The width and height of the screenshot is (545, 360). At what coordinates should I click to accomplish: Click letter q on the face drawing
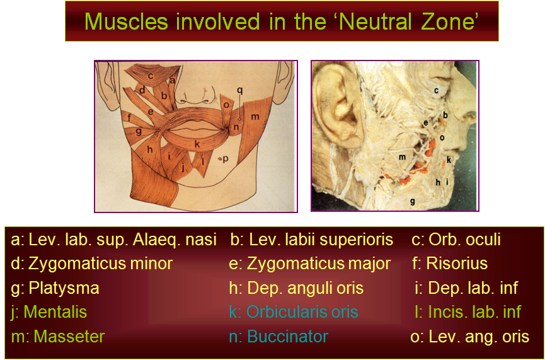pyautogui.click(x=239, y=90)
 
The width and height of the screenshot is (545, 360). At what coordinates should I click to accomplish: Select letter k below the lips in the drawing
pyautogui.click(x=197, y=144)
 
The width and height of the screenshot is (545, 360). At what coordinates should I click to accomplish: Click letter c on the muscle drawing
pyautogui.click(x=151, y=76)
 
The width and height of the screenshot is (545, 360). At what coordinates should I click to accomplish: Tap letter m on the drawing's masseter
pyautogui.click(x=255, y=117)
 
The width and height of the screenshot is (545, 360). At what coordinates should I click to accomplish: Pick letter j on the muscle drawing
pyautogui.click(x=183, y=168)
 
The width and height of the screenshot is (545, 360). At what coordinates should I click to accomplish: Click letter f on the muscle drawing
pyautogui.click(x=129, y=117)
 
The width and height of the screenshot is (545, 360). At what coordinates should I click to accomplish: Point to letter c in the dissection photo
pyautogui.click(x=436, y=90)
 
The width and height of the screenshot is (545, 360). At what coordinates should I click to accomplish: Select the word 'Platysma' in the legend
pyautogui.click(x=64, y=289)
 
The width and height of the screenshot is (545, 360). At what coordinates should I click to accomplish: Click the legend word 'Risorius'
pyautogui.click(x=457, y=264)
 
